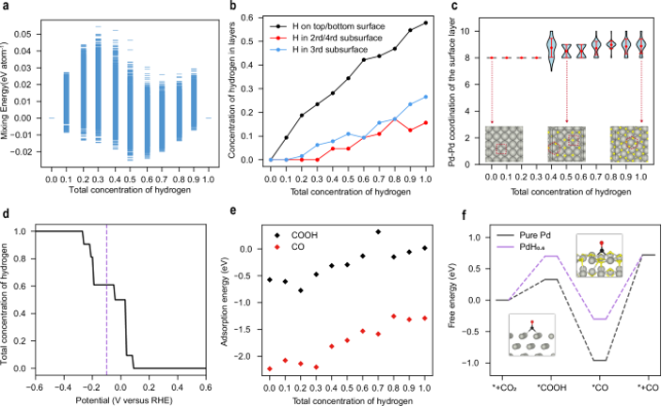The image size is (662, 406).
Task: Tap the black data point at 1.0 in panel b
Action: pos(427,23)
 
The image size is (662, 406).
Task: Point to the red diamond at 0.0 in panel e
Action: pos(271,369)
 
